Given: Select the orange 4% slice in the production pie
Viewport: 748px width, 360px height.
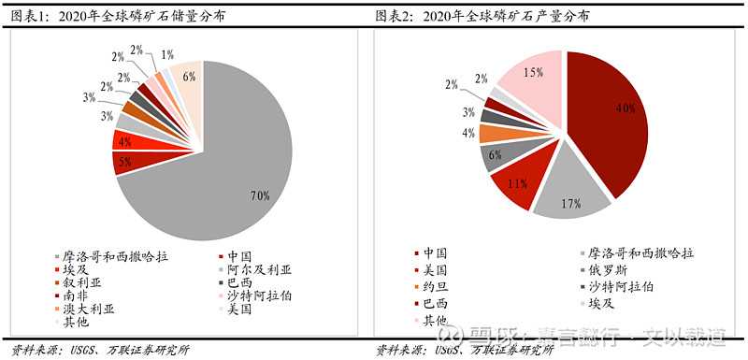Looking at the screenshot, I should (x=493, y=133).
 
